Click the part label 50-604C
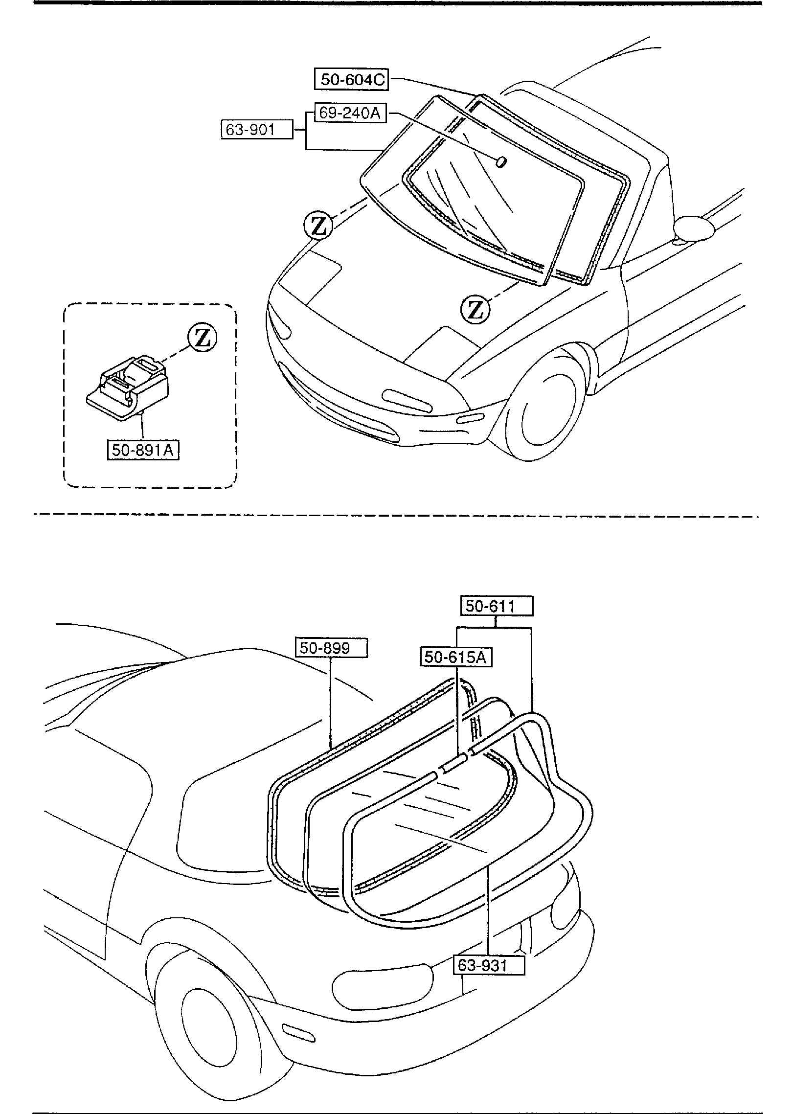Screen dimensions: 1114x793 click(x=351, y=79)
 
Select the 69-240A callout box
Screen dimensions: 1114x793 click(x=349, y=113)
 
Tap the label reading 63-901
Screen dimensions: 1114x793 click(x=257, y=130)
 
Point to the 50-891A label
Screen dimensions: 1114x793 click(x=143, y=450)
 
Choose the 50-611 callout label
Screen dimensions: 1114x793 click(x=497, y=607)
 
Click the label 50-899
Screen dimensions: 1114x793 click(x=331, y=648)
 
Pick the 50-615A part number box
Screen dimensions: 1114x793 click(x=456, y=657)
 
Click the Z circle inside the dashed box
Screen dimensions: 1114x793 click(x=203, y=338)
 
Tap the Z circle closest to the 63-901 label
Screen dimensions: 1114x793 click(x=318, y=226)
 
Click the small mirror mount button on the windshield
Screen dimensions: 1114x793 click(x=501, y=162)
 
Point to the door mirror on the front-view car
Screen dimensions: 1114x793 click(x=695, y=228)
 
